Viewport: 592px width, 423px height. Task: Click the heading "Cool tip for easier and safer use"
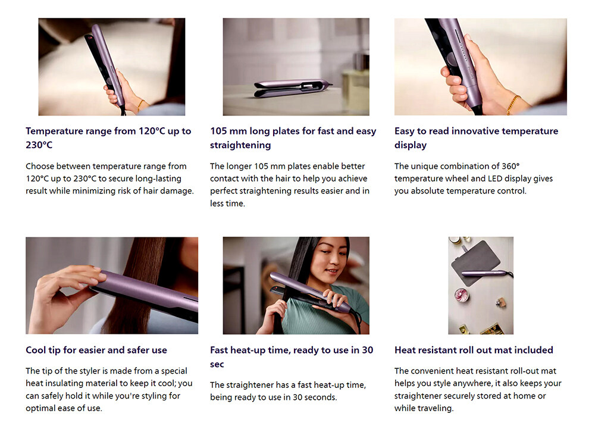tap(96, 350)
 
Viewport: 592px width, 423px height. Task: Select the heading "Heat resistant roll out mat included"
tap(474, 350)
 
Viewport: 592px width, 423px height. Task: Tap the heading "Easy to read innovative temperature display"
tap(476, 138)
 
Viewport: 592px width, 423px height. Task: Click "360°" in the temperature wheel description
tap(510, 166)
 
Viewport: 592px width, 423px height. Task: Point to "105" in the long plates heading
tap(218, 131)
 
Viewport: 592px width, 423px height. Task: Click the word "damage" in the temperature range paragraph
tap(177, 191)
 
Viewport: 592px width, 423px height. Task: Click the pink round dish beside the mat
tap(461, 295)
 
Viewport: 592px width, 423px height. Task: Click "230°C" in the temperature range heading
tap(39, 145)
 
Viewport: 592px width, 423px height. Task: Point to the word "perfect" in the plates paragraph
tap(224, 191)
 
